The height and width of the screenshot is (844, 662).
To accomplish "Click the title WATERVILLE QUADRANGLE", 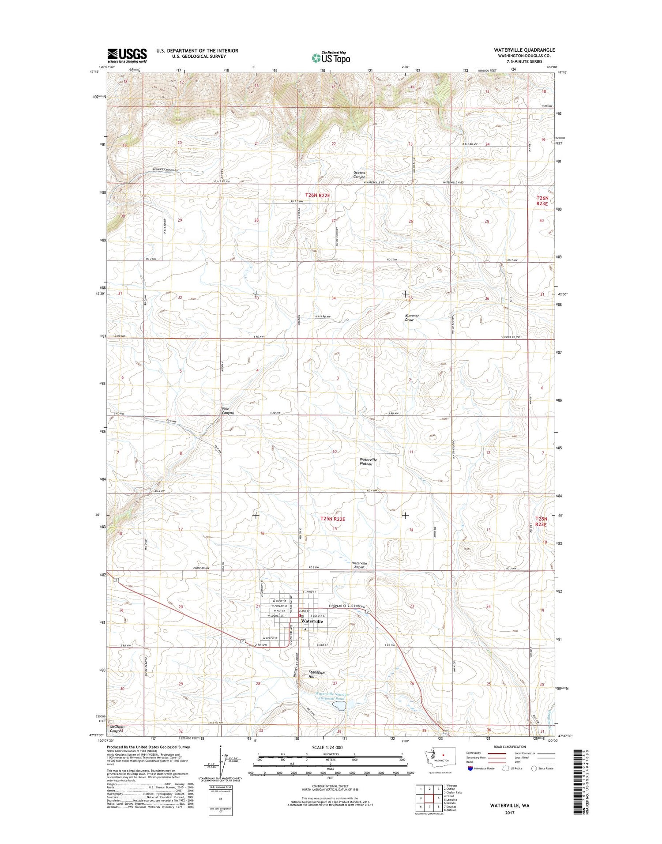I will pyautogui.click(x=524, y=50).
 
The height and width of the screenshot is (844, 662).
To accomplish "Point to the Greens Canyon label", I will pyautogui.click(x=359, y=175).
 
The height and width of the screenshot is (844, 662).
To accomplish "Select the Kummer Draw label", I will pyautogui.click(x=412, y=317).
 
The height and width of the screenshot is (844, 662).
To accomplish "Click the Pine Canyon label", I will pyautogui.click(x=228, y=411).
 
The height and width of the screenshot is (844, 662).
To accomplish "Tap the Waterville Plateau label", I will pyautogui.click(x=369, y=462).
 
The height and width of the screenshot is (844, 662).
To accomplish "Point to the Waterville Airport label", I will pyautogui.click(x=359, y=565).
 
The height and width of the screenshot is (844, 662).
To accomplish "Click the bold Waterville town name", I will pyautogui.click(x=312, y=621).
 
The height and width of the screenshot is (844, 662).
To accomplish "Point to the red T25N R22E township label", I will pyautogui.click(x=332, y=519).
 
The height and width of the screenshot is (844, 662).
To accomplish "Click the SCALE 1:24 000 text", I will pyautogui.click(x=327, y=747).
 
